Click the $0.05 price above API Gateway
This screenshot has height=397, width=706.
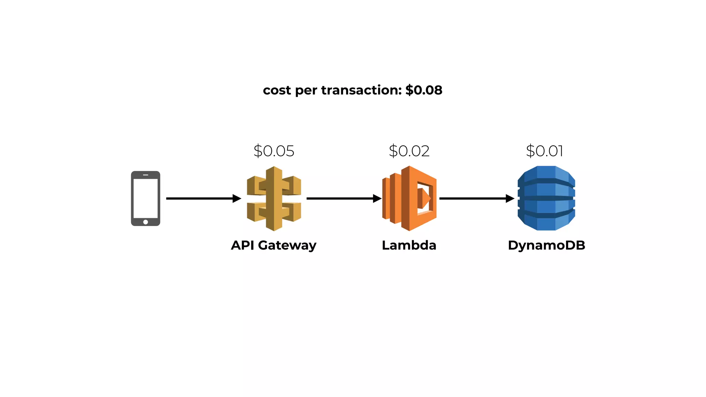[x=274, y=151]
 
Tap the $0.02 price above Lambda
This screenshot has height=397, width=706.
[x=409, y=151]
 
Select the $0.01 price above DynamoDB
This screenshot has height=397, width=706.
[x=544, y=151]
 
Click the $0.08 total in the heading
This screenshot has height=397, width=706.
[x=424, y=90]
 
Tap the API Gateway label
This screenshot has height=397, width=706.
[x=273, y=245]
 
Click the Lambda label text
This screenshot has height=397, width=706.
[x=409, y=245]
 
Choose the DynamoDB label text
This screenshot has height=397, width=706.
[x=546, y=245]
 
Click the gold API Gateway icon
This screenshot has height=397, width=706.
[x=274, y=198]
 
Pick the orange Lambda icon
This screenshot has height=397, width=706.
[x=410, y=198]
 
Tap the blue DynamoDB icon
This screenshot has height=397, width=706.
[x=546, y=198]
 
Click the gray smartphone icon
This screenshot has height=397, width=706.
[x=145, y=198]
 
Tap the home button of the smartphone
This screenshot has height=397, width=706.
[x=145, y=222]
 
